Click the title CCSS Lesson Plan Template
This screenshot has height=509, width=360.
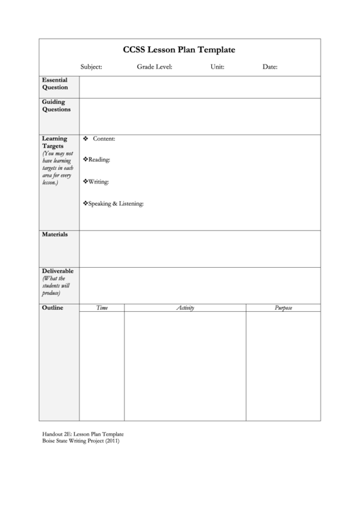point(179,50)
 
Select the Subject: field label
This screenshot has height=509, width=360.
point(91,67)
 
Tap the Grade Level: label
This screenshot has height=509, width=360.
point(154,67)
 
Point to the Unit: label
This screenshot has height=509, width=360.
point(217,67)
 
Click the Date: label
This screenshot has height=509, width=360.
point(270,67)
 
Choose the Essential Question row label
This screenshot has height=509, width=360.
point(55,84)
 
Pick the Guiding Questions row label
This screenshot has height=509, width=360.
point(56,105)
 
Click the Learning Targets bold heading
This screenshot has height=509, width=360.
point(54,142)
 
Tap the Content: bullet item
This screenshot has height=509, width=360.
point(103,139)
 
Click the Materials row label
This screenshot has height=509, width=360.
point(55,234)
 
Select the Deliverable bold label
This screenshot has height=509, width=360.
point(58,270)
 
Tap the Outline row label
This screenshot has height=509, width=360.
point(52,308)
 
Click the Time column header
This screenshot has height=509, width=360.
point(102,309)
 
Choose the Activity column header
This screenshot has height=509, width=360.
point(185,309)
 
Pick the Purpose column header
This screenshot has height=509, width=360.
point(283,309)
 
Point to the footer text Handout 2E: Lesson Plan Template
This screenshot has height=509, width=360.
point(83,433)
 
